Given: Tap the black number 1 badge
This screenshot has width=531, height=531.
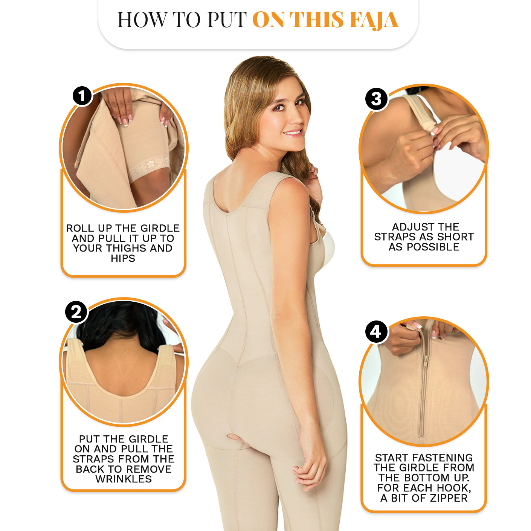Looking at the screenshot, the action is coord(82,96).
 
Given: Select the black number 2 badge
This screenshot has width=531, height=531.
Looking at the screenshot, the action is coord(76,312).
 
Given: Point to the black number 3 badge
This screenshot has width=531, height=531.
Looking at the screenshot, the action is coord(377,99).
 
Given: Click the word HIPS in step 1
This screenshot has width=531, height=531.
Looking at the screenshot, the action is coord(123,258).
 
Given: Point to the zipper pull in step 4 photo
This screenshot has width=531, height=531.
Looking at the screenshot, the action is coord(426,361).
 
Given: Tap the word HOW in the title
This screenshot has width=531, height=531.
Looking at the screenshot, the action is coord(142,20).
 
